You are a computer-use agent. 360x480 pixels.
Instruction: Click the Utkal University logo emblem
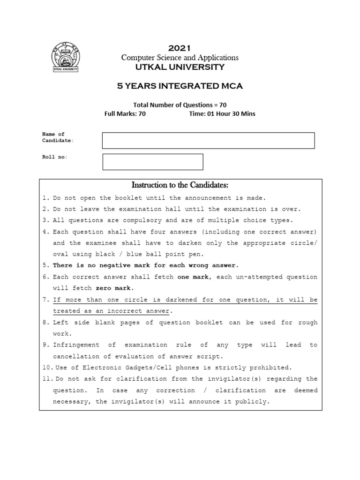tap(65, 57)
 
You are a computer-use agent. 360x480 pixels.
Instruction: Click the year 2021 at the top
tap(180, 47)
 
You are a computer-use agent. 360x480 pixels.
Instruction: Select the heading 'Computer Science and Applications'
tap(180, 57)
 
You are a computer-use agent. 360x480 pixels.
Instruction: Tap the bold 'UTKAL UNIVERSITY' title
tap(180, 67)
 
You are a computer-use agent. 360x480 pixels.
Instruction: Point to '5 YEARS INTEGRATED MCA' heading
tap(180, 86)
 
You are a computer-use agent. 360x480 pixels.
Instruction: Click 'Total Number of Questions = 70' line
tap(180, 105)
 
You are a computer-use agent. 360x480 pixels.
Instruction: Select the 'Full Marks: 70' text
tap(125, 113)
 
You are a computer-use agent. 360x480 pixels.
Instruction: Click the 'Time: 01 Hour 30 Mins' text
tap(222, 113)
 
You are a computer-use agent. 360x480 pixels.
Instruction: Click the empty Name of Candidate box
tap(208, 140)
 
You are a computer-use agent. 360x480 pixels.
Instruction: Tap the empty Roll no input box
tap(152, 161)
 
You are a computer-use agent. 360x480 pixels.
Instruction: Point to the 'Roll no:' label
tap(55, 157)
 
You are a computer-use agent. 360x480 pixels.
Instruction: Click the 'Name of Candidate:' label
tap(58, 137)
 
